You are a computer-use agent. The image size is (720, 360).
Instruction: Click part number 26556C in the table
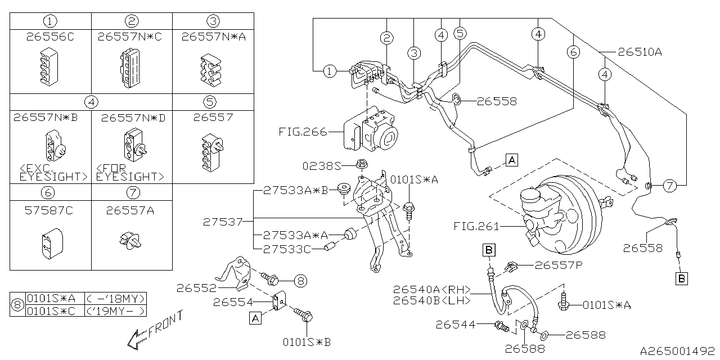(50, 37)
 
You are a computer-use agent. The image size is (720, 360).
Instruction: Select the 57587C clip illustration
(52, 244)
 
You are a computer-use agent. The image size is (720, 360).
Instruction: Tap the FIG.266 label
(303, 132)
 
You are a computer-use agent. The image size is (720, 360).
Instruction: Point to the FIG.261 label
(476, 226)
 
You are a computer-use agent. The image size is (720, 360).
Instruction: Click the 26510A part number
(640, 52)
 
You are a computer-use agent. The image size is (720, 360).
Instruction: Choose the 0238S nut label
(322, 166)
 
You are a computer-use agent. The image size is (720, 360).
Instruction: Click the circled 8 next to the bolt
(300, 281)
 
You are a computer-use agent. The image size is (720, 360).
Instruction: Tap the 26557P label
(559, 265)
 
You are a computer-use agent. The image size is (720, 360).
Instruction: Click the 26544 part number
(456, 325)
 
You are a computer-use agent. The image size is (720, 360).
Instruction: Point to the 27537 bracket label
(223, 222)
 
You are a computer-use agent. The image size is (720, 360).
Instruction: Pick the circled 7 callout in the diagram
(670, 186)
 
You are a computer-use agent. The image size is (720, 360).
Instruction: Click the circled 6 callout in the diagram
(574, 52)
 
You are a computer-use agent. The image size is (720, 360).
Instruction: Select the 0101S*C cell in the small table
(51, 311)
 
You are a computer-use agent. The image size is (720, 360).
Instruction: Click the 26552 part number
(197, 289)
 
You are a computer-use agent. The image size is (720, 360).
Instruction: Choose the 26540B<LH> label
(432, 300)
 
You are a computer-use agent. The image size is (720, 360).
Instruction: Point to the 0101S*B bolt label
(307, 343)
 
